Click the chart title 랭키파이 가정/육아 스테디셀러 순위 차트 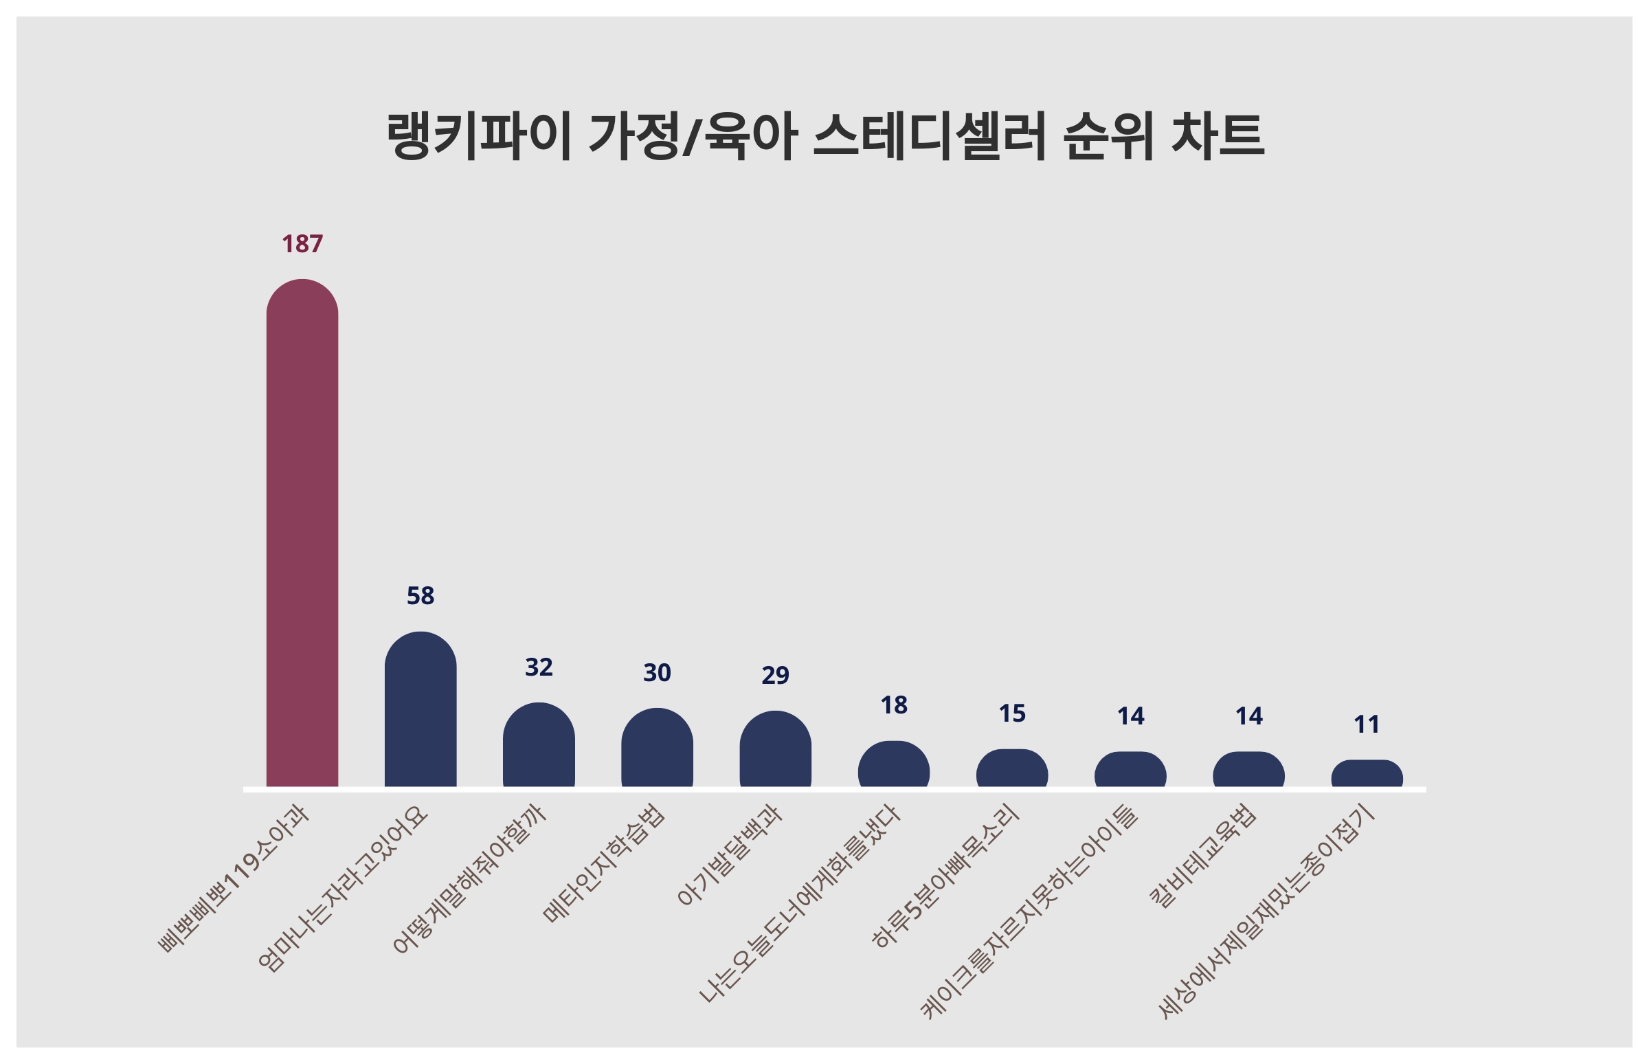[824, 136]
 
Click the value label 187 [302, 244]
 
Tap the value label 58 [420, 595]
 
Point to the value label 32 [539, 667]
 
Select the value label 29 [776, 675]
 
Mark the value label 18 [894, 705]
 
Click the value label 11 [1367, 724]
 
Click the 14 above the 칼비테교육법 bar [1248, 716]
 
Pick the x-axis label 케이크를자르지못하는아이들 [1029, 912]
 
